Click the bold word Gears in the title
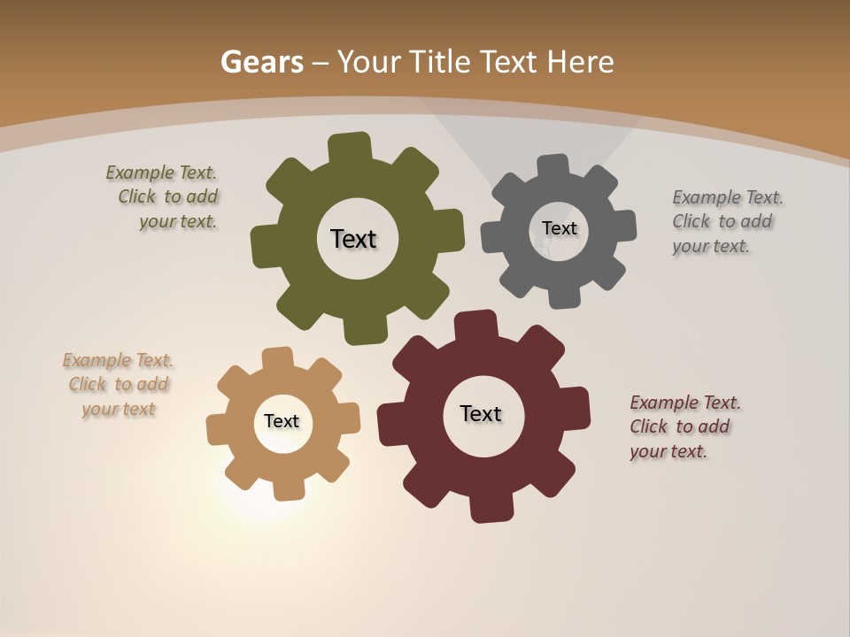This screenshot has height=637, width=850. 262,63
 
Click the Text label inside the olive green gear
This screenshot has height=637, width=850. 353,239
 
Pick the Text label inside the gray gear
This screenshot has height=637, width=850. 559,228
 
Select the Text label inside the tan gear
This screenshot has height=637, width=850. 282,422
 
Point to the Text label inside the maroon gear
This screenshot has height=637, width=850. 481,414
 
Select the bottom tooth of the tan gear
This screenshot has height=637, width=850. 286,487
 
